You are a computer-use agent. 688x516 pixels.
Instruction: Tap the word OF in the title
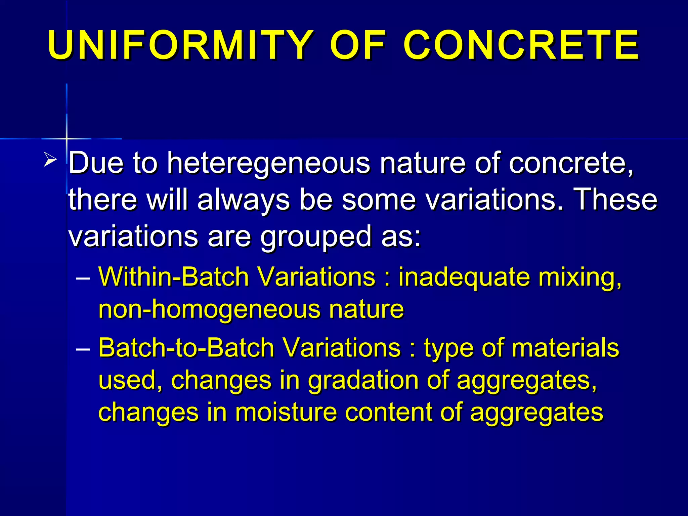(358, 45)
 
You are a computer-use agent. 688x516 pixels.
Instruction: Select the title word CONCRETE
(521, 45)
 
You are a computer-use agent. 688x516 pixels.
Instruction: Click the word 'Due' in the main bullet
(96, 163)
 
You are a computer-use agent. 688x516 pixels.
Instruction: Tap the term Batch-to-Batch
(186, 348)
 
